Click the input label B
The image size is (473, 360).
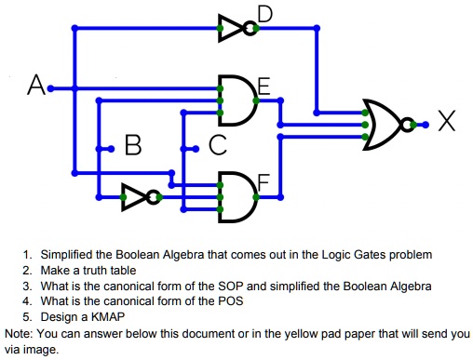point(133,146)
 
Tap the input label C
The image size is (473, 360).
point(217,146)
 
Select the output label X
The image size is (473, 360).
point(447,122)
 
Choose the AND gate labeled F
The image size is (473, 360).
point(238,196)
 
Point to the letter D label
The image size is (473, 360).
point(265,14)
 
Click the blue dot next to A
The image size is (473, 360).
point(51,88)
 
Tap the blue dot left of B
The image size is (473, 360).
point(112,147)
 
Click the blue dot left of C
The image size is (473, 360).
point(195,147)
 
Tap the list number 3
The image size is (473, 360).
point(28,286)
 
